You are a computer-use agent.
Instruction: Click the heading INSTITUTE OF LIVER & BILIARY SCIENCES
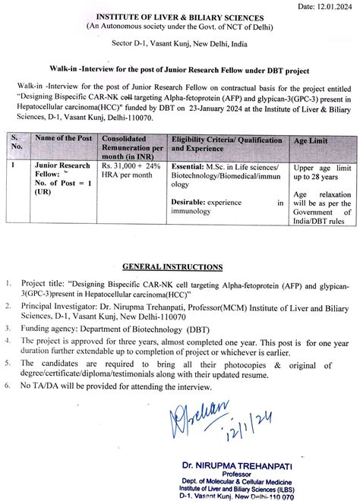click(179, 17)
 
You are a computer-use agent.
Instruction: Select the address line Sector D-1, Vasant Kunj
click(179, 46)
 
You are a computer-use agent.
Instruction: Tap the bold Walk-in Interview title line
click(180, 71)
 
